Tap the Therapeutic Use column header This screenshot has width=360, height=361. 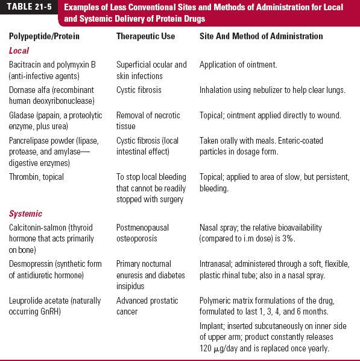tap(145, 37)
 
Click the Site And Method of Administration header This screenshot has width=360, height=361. tap(261, 37)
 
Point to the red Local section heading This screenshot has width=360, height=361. tap(19, 51)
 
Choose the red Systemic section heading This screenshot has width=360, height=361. tap(26, 214)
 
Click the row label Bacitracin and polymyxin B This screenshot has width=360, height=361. tap(52, 65)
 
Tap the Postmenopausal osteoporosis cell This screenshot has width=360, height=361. tap(142, 233)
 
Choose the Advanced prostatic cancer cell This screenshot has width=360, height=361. tap(142, 305)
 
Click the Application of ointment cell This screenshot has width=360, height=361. tap(238, 65)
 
